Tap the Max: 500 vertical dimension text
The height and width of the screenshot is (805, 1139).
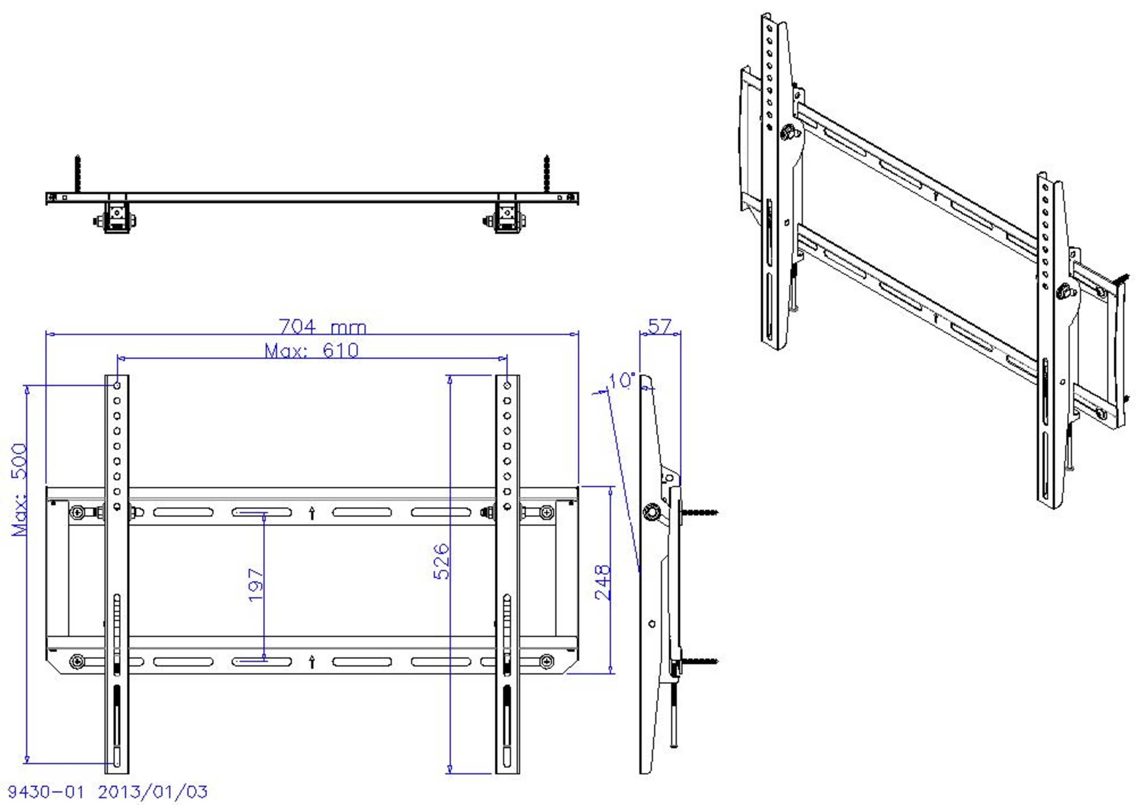tap(20, 489)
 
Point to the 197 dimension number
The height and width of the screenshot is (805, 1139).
tap(255, 585)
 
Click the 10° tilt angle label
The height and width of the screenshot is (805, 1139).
tap(621, 381)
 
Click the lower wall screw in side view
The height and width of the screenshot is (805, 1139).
tap(699, 661)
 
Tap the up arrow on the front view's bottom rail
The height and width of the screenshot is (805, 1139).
tap(311, 662)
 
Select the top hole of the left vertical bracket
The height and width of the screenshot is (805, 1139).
tap(117, 385)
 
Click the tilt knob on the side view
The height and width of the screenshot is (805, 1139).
tap(650, 512)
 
